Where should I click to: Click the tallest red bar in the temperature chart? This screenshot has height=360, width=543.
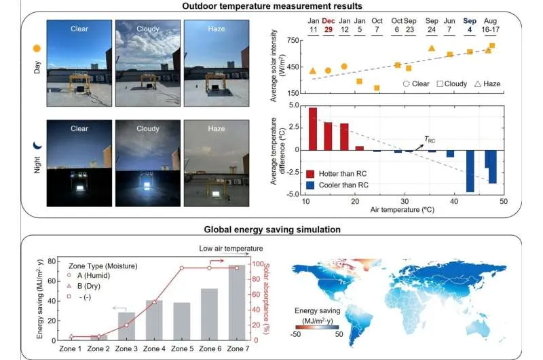pos(313,128)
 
